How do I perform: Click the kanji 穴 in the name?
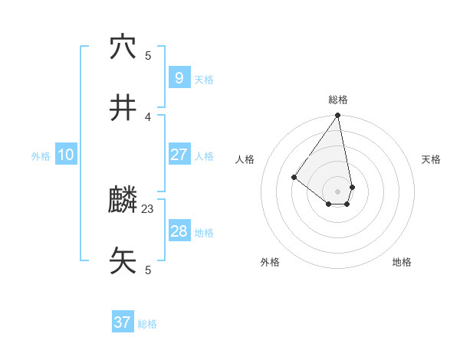[123, 47]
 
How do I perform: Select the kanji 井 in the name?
[123, 108]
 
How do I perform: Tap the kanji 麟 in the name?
[123, 201]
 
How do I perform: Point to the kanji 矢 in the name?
[123, 260]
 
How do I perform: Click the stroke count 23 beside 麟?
[148, 208]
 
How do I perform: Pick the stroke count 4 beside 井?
[148, 116]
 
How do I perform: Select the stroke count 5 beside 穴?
[148, 56]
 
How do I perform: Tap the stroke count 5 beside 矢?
[148, 270]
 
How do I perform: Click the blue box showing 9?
[179, 77]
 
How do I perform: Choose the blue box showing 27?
[179, 155]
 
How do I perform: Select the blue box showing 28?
[179, 231]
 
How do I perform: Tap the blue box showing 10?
[65, 155]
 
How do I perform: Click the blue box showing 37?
[122, 322]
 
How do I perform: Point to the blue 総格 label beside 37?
[147, 324]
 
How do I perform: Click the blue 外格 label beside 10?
[41, 156]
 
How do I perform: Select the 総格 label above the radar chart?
[338, 100]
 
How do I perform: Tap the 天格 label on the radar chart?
[432, 159]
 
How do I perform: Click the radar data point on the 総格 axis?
[337, 116]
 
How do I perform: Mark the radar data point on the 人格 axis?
[294, 177]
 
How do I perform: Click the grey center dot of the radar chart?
[337, 191]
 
